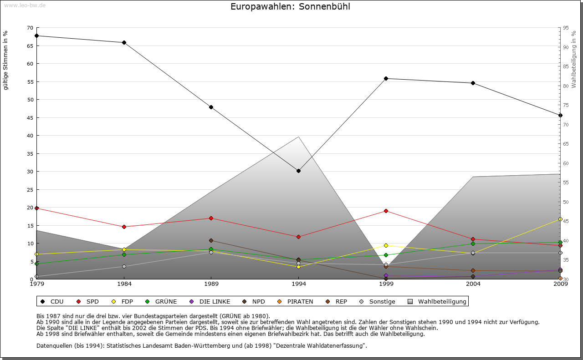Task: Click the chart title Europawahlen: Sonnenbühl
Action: pyautogui.click(x=290, y=7)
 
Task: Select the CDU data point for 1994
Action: pyautogui.click(x=298, y=171)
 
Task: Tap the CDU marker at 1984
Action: pyautogui.click(x=124, y=42)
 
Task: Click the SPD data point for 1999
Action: pyautogui.click(x=386, y=211)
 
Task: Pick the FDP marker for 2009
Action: pyautogui.click(x=560, y=219)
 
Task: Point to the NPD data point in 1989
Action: pyautogui.click(x=211, y=240)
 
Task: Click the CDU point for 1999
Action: pyautogui.click(x=386, y=78)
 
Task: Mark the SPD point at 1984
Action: pyautogui.click(x=124, y=227)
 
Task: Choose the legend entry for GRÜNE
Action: pyautogui.click(x=162, y=301)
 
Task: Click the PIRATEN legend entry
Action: pyautogui.click(x=296, y=301)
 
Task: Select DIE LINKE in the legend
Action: pyautogui.click(x=210, y=301)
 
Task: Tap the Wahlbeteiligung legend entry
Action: pyautogui.click(x=437, y=301)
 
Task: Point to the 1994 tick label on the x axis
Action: pyautogui.click(x=298, y=284)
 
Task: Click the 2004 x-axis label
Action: pyautogui.click(x=473, y=284)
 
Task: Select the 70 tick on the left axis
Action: pyautogui.click(x=30, y=28)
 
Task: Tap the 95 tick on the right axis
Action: pyautogui.click(x=566, y=28)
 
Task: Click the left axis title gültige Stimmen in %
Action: pyautogui.click(x=6, y=60)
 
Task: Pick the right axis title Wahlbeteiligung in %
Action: pyautogui.click(x=574, y=59)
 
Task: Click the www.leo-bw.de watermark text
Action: pyautogui.click(x=25, y=5)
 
